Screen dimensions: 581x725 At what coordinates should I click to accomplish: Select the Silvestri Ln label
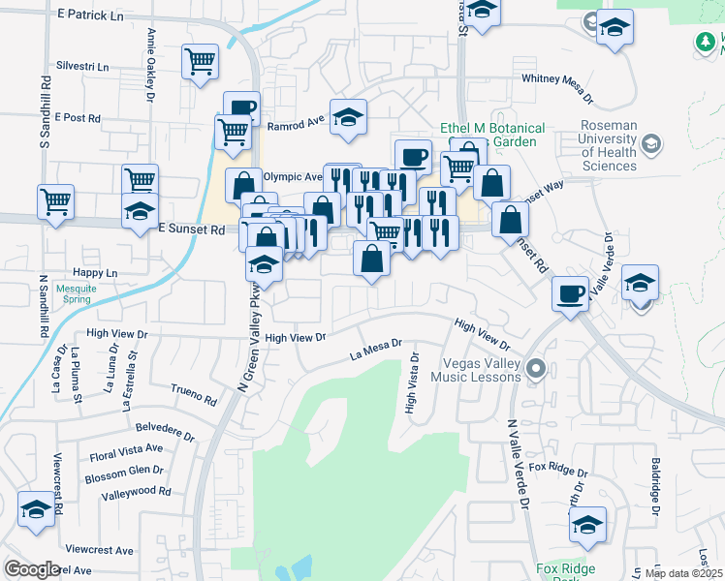tap(83, 66)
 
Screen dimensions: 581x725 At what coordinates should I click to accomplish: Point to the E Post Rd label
tap(78, 117)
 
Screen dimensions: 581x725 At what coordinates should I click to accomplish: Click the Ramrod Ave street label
tap(295, 125)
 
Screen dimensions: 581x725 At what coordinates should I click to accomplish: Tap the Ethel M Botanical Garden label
tap(492, 135)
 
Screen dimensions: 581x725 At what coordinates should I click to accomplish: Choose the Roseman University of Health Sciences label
tap(609, 145)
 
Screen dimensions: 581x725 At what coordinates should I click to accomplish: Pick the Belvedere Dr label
tap(165, 431)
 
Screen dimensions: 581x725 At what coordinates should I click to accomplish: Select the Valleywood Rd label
tap(136, 491)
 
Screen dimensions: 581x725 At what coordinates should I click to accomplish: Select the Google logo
tap(31, 569)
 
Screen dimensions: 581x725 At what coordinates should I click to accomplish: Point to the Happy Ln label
tap(94, 273)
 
